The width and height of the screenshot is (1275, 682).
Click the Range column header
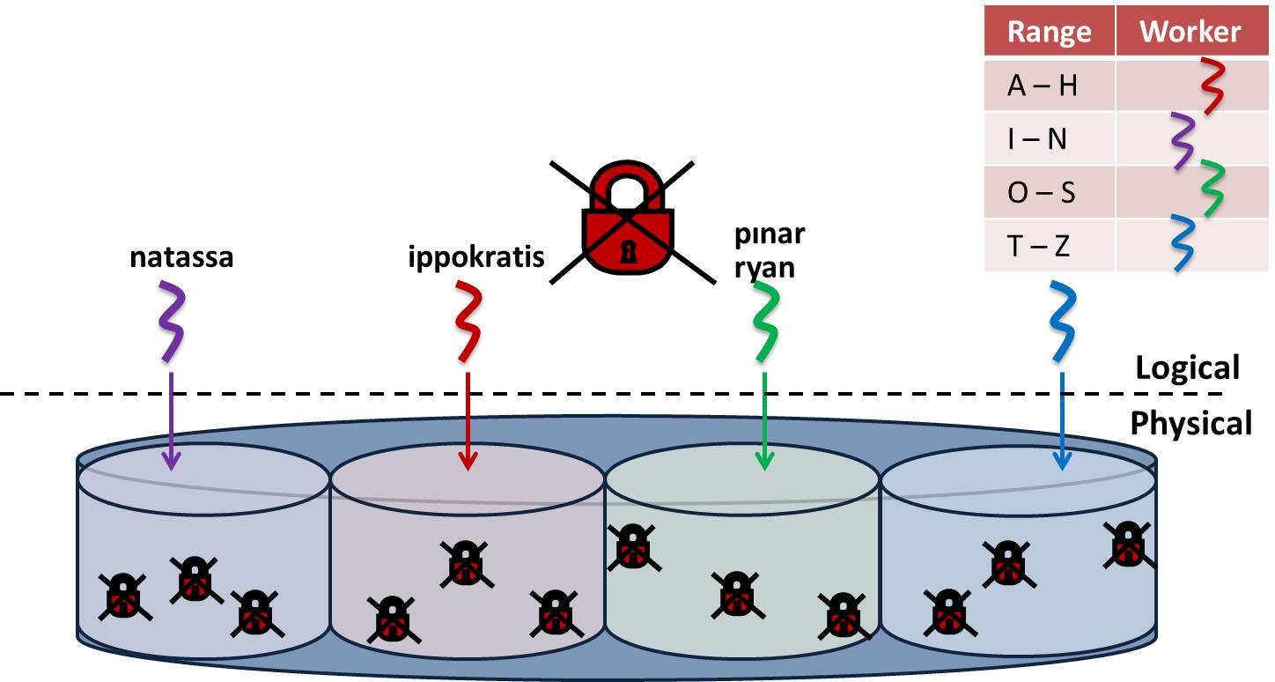coord(1049,33)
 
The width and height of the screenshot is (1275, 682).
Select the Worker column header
coord(1190,33)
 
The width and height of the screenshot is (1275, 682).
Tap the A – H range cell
coord(1043,85)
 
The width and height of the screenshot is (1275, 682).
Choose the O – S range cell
coord(1042,192)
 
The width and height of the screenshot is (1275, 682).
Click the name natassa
coord(181,258)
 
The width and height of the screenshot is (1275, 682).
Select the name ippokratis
coord(475,258)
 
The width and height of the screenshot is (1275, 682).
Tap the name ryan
coord(765,266)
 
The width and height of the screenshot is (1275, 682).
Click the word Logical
coord(1187,367)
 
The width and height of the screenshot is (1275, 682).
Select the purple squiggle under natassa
coord(172,322)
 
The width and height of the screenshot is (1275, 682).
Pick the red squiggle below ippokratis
coord(468,322)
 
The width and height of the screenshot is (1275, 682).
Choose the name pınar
coord(770,237)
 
